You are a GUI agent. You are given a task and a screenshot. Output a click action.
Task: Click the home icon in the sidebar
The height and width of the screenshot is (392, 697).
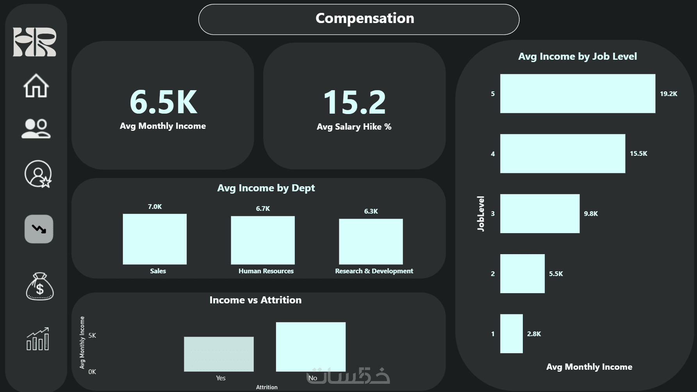36,86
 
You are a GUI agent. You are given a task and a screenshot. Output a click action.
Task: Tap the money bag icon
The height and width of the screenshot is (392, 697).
39,287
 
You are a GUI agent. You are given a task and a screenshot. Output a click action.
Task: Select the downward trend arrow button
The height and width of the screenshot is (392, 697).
39,229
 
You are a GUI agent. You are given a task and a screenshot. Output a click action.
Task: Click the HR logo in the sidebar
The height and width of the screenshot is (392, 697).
34,42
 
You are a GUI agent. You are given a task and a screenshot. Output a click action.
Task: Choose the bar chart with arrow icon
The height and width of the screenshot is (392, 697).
37,339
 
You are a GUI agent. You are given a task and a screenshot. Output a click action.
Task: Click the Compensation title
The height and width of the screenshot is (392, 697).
365,18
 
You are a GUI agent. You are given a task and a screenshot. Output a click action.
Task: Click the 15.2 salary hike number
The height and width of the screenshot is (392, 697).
354,102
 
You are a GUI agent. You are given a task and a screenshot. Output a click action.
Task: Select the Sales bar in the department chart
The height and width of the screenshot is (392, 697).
155,239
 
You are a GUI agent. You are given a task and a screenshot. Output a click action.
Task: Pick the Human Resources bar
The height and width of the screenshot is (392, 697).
263,240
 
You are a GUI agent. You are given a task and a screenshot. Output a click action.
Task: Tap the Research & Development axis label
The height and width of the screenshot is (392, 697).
374,271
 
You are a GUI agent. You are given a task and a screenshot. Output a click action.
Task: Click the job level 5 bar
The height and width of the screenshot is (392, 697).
578,94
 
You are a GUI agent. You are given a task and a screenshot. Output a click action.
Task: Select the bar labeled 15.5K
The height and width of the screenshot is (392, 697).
562,153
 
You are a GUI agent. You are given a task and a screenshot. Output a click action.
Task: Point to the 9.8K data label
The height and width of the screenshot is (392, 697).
591,214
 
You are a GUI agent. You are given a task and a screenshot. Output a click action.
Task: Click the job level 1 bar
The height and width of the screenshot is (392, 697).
511,334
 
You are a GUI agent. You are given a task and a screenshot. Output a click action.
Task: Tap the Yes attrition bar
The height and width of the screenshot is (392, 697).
219,354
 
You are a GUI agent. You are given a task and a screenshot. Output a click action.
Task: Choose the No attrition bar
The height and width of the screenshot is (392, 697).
310,347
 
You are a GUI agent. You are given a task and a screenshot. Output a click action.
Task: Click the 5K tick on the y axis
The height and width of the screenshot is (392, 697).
92,335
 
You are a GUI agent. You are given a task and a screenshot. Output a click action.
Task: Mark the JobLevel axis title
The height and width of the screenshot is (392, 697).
481,214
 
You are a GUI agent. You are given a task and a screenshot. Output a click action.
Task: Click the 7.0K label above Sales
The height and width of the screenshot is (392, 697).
155,207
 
